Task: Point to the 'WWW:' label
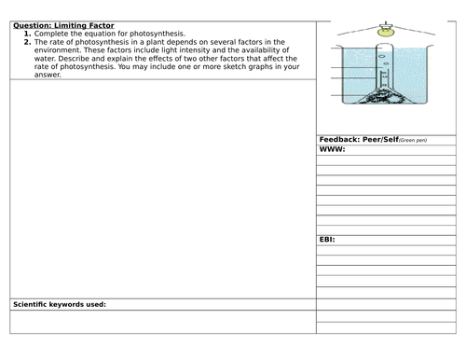(x=333, y=149)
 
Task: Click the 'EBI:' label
(x=328, y=240)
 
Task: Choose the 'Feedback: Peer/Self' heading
(x=358, y=139)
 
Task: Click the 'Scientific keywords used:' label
(x=58, y=305)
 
